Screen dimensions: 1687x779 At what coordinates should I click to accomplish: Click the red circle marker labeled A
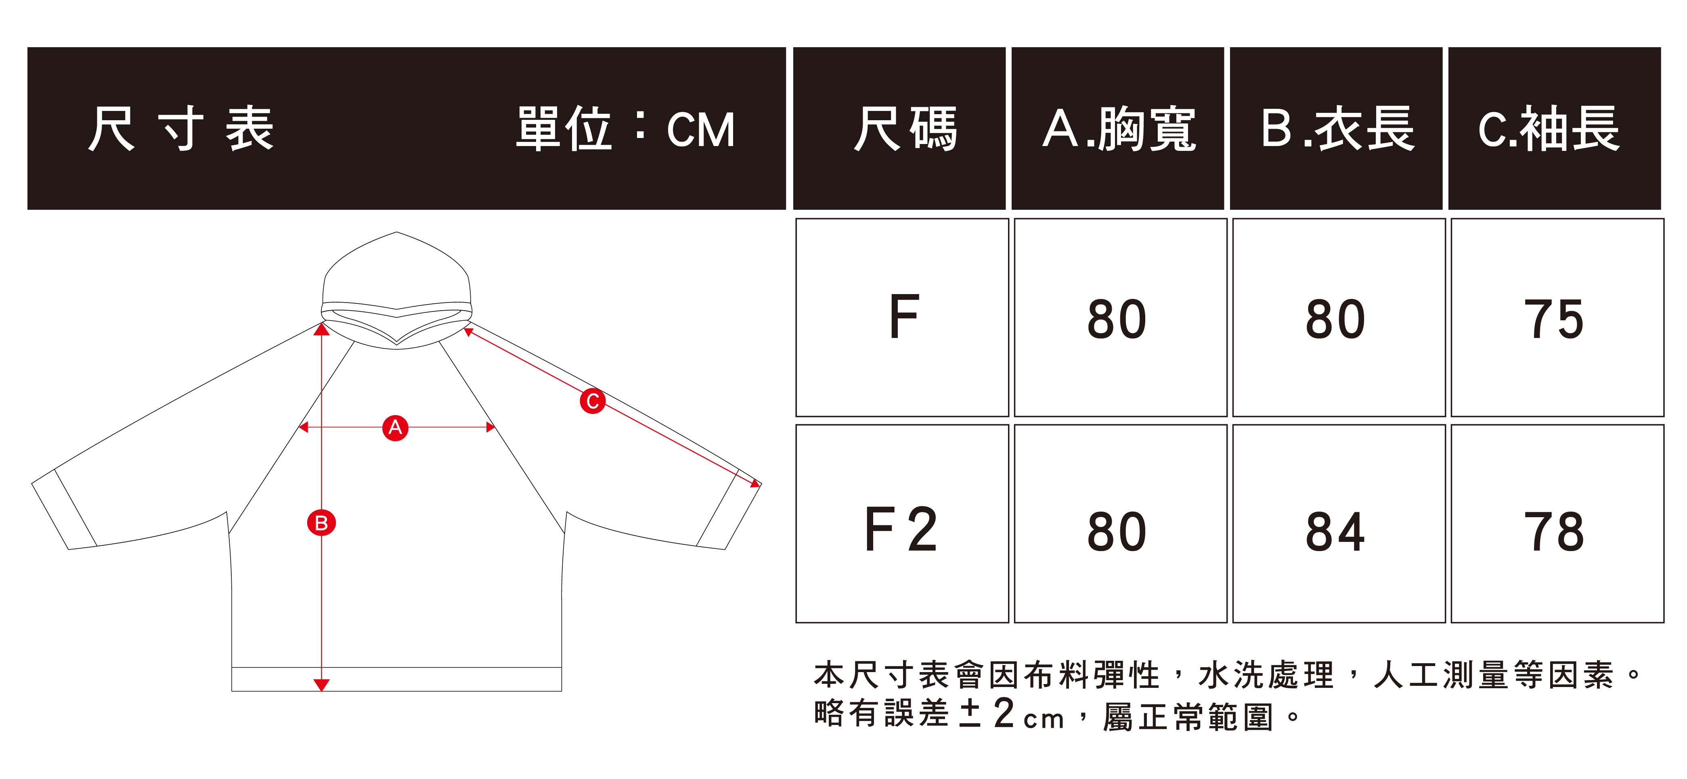click(395, 428)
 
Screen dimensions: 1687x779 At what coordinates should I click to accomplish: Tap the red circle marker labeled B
click(321, 523)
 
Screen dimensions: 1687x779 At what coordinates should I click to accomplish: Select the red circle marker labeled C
click(592, 401)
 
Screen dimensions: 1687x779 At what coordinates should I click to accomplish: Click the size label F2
click(902, 530)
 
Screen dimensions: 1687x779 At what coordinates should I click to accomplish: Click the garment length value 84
click(1335, 532)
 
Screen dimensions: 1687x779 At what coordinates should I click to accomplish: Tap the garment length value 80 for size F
click(1335, 320)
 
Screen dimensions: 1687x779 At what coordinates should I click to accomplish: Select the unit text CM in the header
click(701, 129)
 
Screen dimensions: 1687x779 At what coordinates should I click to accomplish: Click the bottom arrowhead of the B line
click(321, 685)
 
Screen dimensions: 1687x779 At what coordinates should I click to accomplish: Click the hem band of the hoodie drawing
click(396, 679)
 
